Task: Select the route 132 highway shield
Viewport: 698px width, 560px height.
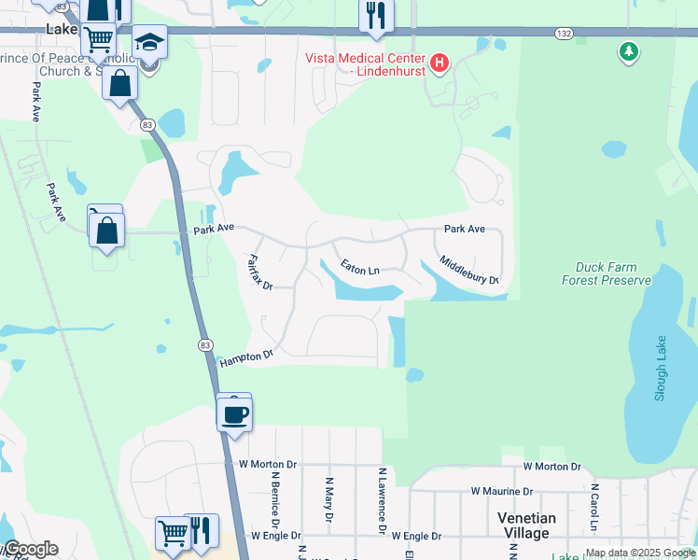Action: pos(563,34)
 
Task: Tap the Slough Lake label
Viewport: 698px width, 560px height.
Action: pos(661,368)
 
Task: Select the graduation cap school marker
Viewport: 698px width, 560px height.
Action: pos(148,44)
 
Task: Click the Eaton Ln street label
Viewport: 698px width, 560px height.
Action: pos(359,269)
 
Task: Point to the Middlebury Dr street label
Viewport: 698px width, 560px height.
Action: pos(468,272)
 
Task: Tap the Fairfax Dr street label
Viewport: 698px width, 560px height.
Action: pos(259,272)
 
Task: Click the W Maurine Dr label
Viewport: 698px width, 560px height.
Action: pos(501,491)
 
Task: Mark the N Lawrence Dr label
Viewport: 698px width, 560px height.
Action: pos(382,502)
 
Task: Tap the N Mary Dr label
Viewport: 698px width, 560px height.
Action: pos(328,500)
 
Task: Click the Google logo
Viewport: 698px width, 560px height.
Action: pos(30,549)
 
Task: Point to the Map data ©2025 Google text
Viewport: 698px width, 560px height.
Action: pos(640,553)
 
